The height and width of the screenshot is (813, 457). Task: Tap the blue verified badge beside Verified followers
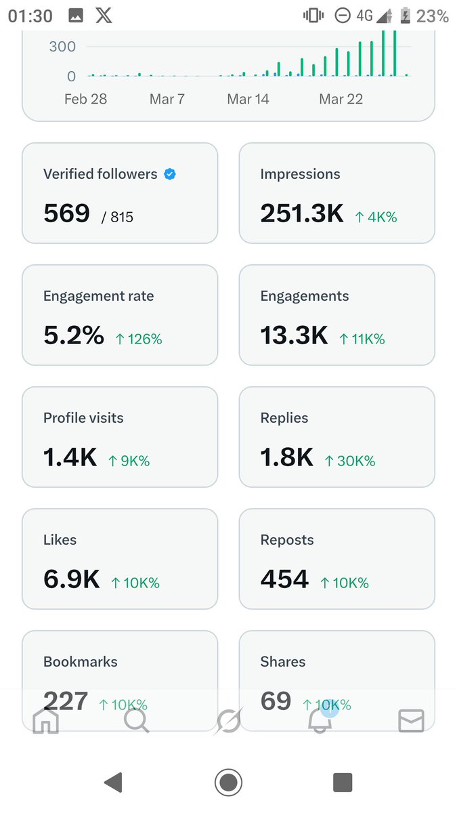(171, 174)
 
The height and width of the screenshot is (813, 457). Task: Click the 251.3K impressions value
(301, 214)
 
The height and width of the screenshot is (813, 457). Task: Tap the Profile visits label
(83, 418)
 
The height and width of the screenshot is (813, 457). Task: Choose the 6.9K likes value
(71, 580)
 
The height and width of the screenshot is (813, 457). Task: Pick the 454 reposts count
(284, 580)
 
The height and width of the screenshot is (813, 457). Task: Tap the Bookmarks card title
(80, 662)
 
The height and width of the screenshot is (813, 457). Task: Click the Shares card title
(282, 662)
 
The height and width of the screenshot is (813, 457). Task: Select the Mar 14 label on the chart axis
(248, 99)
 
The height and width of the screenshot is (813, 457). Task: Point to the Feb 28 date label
(85, 99)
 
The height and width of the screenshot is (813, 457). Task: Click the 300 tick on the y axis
(62, 47)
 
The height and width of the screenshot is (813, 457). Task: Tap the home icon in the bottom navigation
(45, 722)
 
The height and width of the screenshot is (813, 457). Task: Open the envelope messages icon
(411, 722)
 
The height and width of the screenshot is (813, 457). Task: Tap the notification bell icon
(320, 722)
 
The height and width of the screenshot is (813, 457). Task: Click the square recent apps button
(343, 783)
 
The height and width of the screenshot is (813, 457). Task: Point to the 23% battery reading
(432, 16)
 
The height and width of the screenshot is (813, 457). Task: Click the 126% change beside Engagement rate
(139, 339)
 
